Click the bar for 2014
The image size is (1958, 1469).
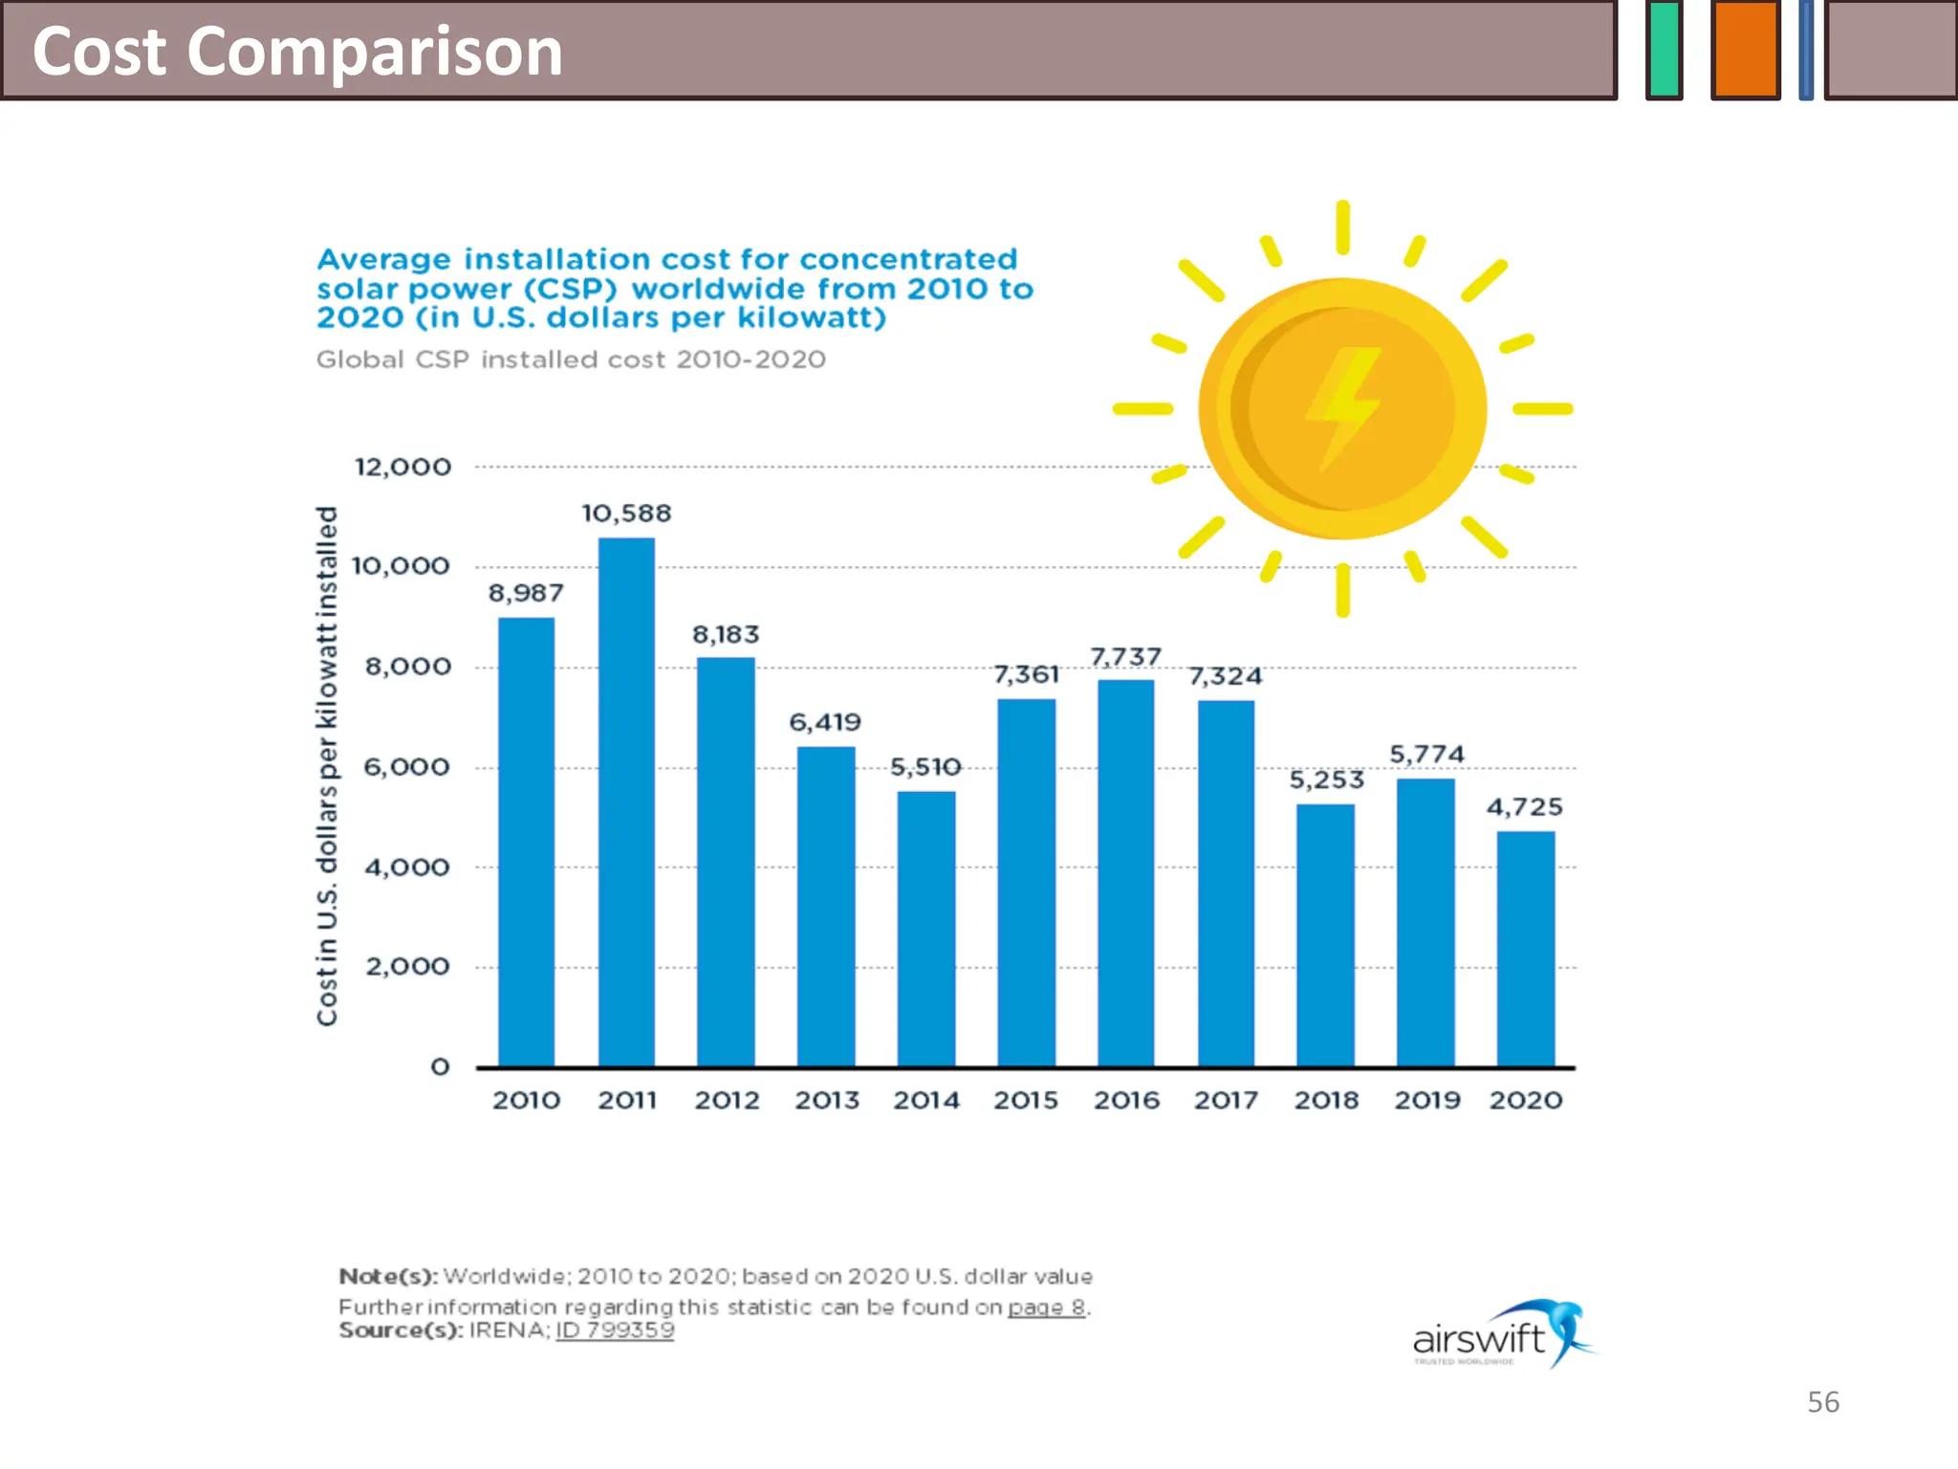click(x=925, y=928)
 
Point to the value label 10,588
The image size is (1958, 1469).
click(x=626, y=514)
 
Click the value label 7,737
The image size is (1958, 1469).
click(x=1125, y=657)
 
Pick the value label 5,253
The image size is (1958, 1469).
click(x=1326, y=780)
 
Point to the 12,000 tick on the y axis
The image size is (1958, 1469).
click(x=402, y=468)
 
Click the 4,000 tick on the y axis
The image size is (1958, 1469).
click(x=406, y=867)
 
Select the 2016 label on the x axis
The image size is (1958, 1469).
click(x=1126, y=1101)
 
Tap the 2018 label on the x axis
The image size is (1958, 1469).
click(x=1326, y=1101)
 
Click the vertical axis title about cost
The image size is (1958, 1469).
click(x=327, y=765)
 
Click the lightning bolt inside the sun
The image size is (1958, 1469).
click(x=1343, y=407)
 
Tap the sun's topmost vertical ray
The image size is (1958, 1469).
click(x=1342, y=227)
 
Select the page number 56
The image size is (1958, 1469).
click(x=1822, y=1402)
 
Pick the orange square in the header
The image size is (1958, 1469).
click(x=1745, y=49)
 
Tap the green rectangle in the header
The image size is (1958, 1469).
click(x=1664, y=49)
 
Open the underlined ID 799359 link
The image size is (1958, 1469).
click(x=615, y=1330)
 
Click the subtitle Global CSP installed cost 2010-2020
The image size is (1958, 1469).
click(x=571, y=360)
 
